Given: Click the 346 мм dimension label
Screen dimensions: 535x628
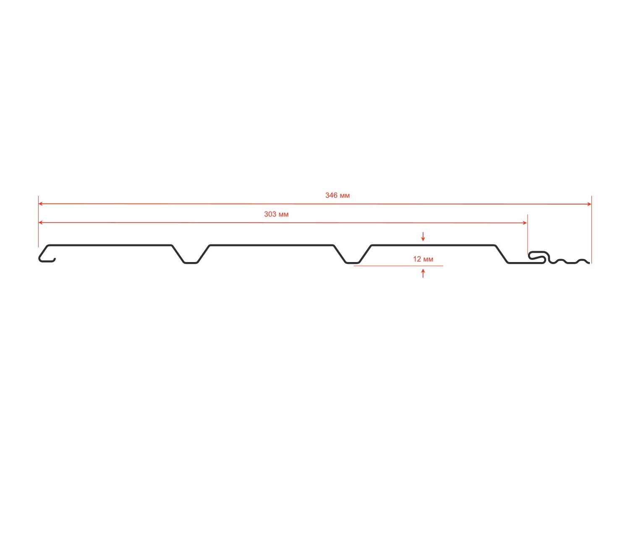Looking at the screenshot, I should (x=337, y=195).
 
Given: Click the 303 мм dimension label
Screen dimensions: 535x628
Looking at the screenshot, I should (x=276, y=214).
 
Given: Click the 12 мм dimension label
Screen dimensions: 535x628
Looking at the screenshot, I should (x=423, y=259).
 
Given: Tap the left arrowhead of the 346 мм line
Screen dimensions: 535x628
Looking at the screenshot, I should (x=40, y=204).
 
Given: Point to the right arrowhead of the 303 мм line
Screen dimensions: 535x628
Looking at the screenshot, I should (x=525, y=223).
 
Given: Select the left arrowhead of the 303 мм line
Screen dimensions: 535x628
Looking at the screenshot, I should (x=40, y=223).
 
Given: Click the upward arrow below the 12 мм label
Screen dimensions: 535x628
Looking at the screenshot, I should (x=423, y=273).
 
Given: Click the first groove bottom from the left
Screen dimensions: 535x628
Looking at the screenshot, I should (x=191, y=263).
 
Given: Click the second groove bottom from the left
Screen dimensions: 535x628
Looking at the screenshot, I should (x=353, y=263).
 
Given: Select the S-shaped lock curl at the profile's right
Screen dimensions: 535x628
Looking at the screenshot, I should (x=538, y=257).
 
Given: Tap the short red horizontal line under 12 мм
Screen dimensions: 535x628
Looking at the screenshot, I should (x=398, y=266).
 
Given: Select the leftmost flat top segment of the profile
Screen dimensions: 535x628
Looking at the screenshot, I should (x=109, y=245).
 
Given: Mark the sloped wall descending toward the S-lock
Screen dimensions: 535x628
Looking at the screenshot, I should (x=502, y=254).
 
